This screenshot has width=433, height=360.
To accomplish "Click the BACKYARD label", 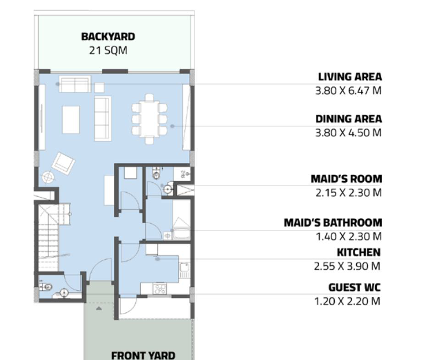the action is (108, 37).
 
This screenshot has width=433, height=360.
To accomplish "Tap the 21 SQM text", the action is (108, 50).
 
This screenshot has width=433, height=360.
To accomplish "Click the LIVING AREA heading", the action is (350, 77).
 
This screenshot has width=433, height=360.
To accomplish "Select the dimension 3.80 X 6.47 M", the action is (348, 90).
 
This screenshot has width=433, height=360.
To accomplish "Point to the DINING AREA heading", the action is (349, 119).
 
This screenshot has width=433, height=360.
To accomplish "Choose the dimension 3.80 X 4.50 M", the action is (348, 133).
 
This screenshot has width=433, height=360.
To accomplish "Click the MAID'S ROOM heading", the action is (346, 179).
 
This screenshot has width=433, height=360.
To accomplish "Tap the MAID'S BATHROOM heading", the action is (333, 222).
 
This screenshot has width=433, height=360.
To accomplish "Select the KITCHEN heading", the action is (358, 252).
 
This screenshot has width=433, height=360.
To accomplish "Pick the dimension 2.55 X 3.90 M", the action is (347, 266).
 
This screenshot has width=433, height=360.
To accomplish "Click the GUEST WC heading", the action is (354, 288).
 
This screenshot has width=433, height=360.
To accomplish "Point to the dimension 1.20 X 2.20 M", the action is (347, 301).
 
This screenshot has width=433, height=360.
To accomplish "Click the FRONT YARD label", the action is (143, 355).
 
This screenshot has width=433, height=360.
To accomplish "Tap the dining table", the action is (150, 119).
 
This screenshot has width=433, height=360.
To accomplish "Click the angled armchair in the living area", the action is (63, 163).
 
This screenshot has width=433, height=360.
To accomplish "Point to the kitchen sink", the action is (184, 267).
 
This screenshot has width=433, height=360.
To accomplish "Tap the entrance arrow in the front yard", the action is (99, 308).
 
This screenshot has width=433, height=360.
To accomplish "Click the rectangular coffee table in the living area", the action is (71, 120).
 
